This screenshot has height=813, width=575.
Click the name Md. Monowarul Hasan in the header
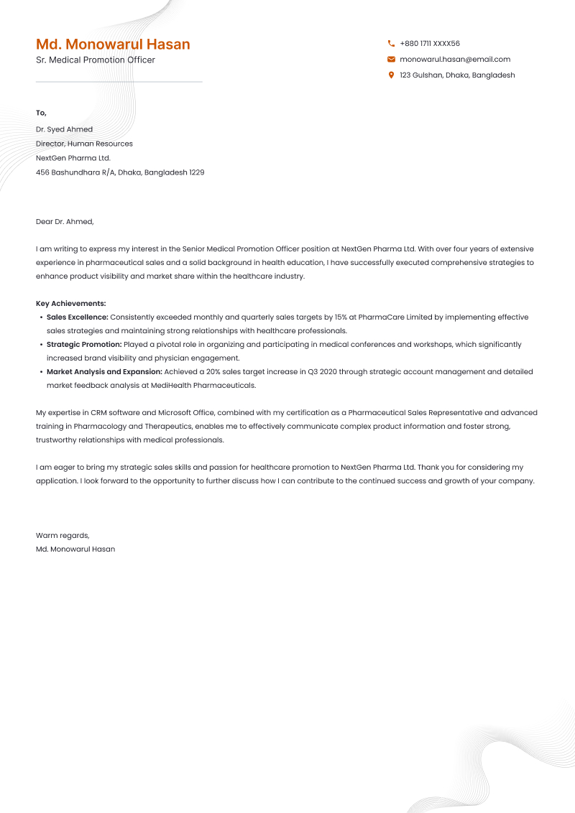tap(113, 45)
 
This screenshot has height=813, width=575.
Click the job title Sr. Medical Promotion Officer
tap(95, 60)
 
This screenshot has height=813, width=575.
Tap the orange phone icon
tap(391, 44)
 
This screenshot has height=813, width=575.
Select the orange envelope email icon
tap(391, 60)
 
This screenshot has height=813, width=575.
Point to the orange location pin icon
tap(391, 75)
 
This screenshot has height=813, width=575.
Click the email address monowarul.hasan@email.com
tap(455, 60)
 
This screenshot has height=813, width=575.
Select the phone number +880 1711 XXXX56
tap(430, 44)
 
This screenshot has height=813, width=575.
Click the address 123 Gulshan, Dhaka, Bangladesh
tap(457, 75)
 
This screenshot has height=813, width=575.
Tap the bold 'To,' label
tap(41, 113)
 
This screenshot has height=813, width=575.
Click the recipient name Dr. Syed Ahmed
tap(64, 129)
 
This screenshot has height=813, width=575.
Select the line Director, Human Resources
tap(84, 144)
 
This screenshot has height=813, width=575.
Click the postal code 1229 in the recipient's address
tap(196, 172)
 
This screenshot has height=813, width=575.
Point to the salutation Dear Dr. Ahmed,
tap(65, 221)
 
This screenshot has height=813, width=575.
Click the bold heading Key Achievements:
tap(70, 304)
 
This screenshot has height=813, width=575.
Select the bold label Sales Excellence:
tap(78, 317)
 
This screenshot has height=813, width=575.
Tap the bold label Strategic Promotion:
tap(84, 345)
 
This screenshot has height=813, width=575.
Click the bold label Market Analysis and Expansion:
tap(104, 372)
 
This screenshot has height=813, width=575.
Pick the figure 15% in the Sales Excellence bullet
tap(341, 317)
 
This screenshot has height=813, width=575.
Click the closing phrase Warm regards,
tap(63, 535)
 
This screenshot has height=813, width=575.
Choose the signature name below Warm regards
tap(75, 549)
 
